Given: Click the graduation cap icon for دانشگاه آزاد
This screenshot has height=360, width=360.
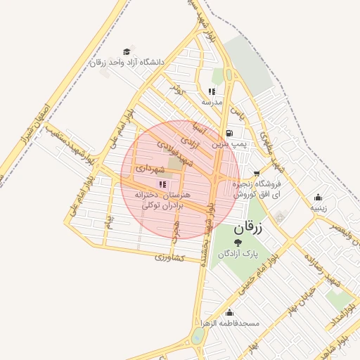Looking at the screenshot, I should tap(127, 51).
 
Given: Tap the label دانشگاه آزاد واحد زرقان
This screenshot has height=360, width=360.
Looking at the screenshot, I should tap(127, 63).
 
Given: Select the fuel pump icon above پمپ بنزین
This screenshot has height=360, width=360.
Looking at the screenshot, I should tap(229, 133).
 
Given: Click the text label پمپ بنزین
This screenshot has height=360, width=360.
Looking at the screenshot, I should tap(229, 143).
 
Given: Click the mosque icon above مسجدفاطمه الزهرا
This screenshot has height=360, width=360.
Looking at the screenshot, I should tap(229, 313).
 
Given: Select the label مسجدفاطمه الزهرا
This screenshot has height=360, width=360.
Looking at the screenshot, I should tap(229, 323).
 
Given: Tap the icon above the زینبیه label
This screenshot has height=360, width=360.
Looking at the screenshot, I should tap(319, 198).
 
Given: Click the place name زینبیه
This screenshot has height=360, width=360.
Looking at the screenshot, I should tap(319, 208).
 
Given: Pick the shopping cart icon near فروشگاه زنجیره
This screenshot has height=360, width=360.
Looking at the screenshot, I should tap(256, 172).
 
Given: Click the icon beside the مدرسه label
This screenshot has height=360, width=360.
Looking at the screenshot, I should tap(212, 91).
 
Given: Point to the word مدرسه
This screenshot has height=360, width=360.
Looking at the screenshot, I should tap(212, 102).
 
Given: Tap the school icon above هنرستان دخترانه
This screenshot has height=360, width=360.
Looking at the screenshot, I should tap(162, 184).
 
